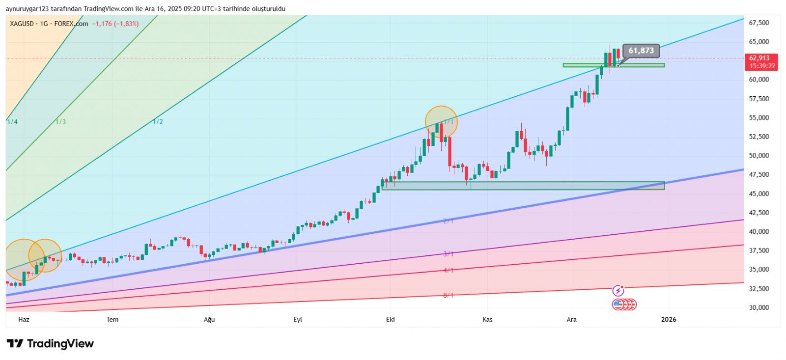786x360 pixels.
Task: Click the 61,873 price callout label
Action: tap(641, 51)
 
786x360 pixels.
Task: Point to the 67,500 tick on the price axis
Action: tap(758, 23)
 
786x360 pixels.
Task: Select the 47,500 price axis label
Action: tap(758, 174)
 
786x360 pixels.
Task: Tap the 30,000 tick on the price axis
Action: tap(758, 307)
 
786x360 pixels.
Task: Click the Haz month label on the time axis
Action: tap(24, 320)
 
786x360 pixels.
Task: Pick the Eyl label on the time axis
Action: tap(298, 320)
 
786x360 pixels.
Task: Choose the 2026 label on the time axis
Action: tap(669, 320)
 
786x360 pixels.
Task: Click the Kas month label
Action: tap(487, 320)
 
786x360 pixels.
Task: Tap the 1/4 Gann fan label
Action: tap(12, 122)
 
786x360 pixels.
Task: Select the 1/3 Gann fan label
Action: tap(60, 122)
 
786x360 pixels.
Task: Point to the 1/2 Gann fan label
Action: tap(158, 122)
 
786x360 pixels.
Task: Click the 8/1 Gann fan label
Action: tap(449, 295)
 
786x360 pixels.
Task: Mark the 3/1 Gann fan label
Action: tap(449, 254)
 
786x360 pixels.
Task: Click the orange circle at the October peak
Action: tap(441, 122)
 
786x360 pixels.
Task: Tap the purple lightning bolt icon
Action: tap(618, 291)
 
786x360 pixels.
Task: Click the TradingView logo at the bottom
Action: tap(50, 344)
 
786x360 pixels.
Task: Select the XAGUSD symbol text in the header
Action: tap(22, 24)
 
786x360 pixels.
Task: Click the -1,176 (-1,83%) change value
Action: tap(115, 24)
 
